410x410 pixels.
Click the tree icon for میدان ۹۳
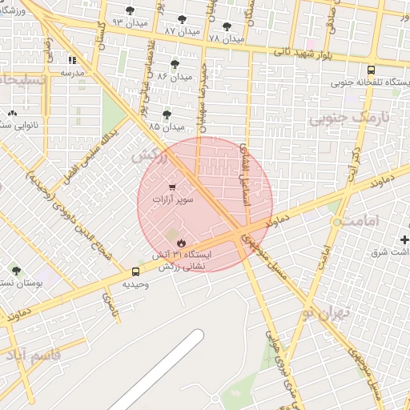pyautogui.click(x=131, y=10)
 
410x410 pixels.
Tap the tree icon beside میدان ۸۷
pyautogui.click(x=183, y=18)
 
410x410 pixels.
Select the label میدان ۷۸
pyautogui.click(x=226, y=38)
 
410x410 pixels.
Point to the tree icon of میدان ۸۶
pyautogui.click(x=175, y=64)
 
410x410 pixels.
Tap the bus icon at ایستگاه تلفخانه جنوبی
pyautogui.click(x=370, y=70)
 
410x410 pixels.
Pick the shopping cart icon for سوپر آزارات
pyautogui.click(x=171, y=187)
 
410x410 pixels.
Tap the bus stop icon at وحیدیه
pyautogui.click(x=135, y=272)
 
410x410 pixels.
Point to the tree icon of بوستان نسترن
pyautogui.click(x=16, y=271)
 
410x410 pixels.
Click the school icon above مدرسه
pyautogui.click(x=72, y=59)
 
